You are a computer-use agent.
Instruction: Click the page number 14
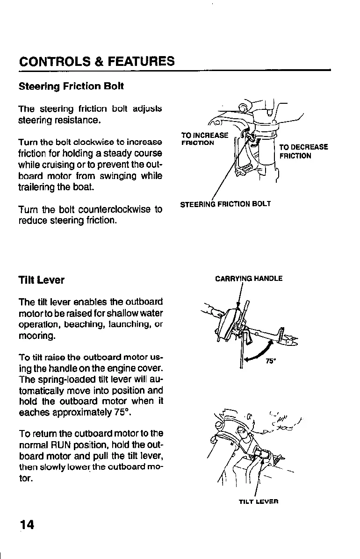[x=27, y=524]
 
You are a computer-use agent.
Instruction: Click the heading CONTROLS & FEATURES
[x=97, y=61]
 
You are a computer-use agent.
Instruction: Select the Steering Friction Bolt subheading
[x=71, y=86]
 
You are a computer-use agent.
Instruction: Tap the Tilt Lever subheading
[x=42, y=280]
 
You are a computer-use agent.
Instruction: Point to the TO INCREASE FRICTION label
[x=204, y=139]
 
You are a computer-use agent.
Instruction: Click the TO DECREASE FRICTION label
[x=303, y=151]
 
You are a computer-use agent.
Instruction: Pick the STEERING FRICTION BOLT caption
[x=225, y=204]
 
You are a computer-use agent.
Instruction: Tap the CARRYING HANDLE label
[x=249, y=279]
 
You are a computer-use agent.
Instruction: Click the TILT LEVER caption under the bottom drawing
[x=259, y=502]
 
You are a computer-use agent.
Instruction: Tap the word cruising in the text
[x=57, y=165]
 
